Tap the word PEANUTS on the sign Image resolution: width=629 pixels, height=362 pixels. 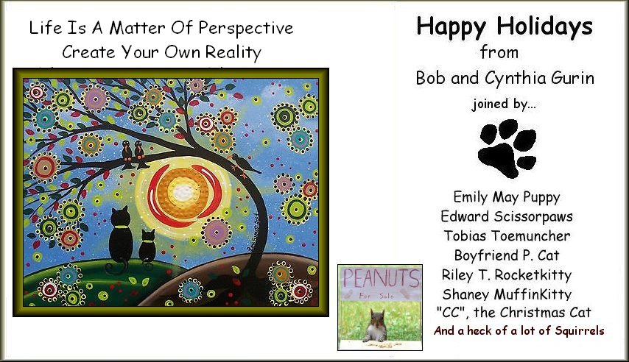click(x=381, y=278)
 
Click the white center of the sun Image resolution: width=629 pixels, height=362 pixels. click(x=183, y=190)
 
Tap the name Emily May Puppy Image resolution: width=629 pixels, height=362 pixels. click(x=506, y=197)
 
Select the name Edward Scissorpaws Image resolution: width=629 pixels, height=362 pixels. click(x=506, y=216)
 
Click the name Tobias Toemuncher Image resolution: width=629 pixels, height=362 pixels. click(x=507, y=235)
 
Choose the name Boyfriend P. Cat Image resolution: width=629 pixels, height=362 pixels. click(x=507, y=255)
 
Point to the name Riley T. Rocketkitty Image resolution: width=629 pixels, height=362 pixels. click(x=507, y=275)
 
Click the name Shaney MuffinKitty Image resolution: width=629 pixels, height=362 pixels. click(x=507, y=294)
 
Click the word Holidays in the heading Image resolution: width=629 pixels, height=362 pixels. click(x=544, y=27)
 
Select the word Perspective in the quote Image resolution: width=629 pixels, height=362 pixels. click(x=246, y=29)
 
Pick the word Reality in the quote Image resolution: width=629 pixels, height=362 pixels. click(x=233, y=53)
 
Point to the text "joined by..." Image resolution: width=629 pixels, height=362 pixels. click(x=504, y=104)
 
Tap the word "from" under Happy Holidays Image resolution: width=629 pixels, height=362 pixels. click(x=499, y=52)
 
